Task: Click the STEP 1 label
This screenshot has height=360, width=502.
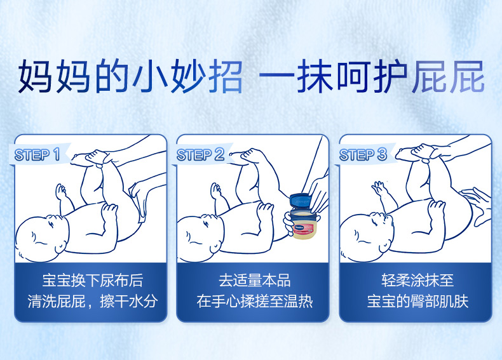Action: (x=37, y=155)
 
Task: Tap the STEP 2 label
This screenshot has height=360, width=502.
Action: (x=200, y=155)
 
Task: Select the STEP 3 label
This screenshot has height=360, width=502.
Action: (x=363, y=155)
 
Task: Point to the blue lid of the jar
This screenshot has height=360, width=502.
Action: (x=301, y=201)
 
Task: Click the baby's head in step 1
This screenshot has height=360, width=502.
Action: (x=41, y=237)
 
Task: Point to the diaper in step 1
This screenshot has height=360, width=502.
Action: (x=139, y=202)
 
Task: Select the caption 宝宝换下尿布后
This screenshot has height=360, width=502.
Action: (x=93, y=281)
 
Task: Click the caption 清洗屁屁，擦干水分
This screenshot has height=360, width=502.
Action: (x=93, y=302)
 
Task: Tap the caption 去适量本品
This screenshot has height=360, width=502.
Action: (x=255, y=281)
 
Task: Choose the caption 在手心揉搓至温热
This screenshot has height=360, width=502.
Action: (x=255, y=302)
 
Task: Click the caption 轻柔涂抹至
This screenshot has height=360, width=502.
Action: (x=417, y=281)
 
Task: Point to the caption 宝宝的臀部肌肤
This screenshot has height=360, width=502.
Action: (x=417, y=302)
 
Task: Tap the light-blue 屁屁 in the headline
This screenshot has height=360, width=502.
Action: (x=448, y=76)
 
